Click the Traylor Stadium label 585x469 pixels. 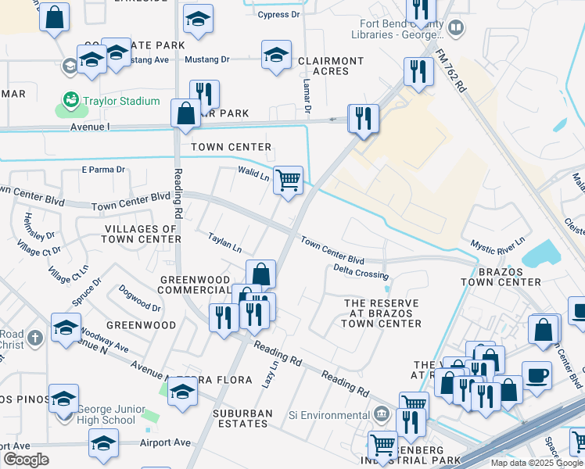123,102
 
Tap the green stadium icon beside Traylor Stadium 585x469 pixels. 71,101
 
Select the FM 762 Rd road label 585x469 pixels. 451,73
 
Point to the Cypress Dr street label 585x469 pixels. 278,14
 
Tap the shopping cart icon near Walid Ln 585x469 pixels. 288,180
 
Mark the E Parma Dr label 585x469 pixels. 103,169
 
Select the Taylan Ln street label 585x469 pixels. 224,242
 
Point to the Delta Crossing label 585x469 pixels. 361,271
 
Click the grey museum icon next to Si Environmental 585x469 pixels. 381,412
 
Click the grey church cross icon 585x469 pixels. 34,338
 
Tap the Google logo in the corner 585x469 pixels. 26,460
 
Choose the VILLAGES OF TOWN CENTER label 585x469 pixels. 142,233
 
